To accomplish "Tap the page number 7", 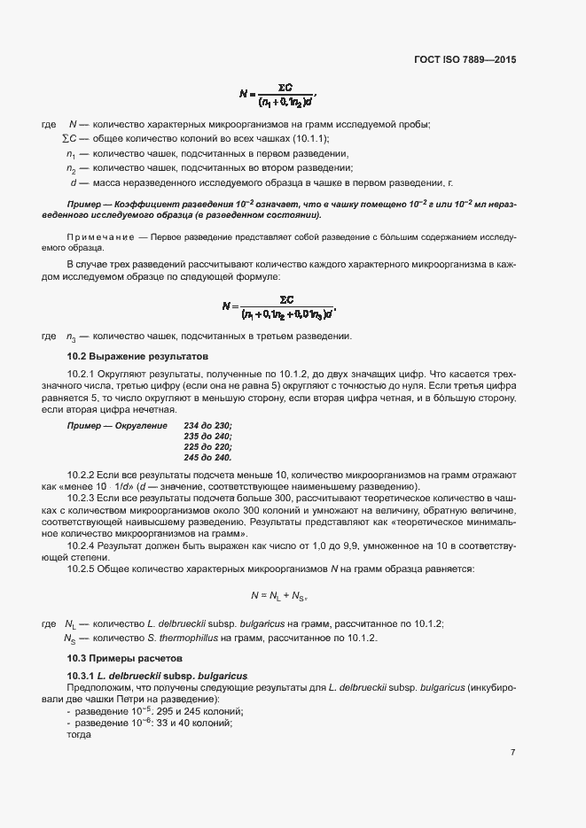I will (512, 753).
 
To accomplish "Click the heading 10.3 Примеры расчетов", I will (124, 659).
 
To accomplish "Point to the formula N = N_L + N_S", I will (293, 596).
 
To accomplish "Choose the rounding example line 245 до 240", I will (207, 458).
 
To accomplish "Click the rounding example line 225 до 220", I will (207, 447).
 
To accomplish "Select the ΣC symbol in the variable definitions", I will (70, 139).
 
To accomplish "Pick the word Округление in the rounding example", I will (144, 426).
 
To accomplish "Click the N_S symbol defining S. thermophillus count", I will (70, 638).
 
